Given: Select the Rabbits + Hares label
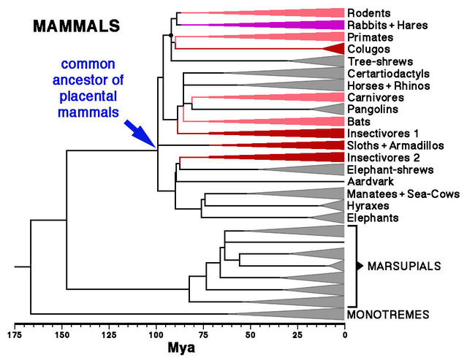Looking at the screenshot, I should (387, 25).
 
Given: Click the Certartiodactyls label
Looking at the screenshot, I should (387, 74).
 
